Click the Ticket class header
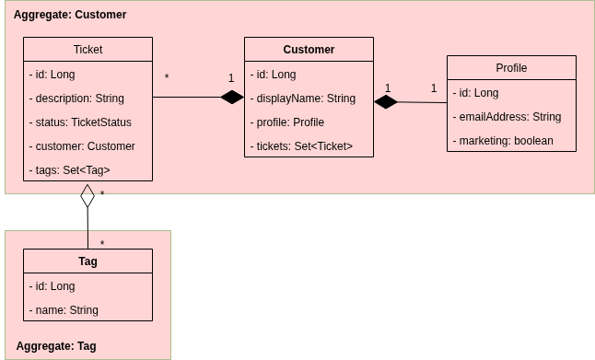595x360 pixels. pyautogui.click(x=87, y=50)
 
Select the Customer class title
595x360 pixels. pyautogui.click(x=309, y=50)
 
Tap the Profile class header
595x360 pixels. pyautogui.click(x=511, y=68)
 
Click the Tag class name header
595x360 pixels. pyautogui.click(x=87, y=261)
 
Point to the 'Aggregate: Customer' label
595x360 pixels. pyautogui.click(x=70, y=16)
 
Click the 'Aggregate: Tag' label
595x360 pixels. pyautogui.click(x=56, y=346)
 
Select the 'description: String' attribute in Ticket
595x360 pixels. pyautogui.click(x=77, y=98)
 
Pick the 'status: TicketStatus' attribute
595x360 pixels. pyautogui.click(x=81, y=122)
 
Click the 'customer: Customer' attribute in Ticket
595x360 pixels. pyautogui.click(x=83, y=145)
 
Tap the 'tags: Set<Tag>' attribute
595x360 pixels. pyautogui.click(x=75, y=169)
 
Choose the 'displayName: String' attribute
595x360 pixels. pyautogui.click(x=302, y=98)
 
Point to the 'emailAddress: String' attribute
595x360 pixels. pyautogui.click(x=507, y=116)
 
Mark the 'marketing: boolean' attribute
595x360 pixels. pyautogui.click(x=503, y=140)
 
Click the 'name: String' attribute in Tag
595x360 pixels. pyautogui.click(x=64, y=309)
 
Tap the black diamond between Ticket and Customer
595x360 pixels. pyautogui.click(x=232, y=98)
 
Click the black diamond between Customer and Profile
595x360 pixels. pyautogui.click(x=386, y=102)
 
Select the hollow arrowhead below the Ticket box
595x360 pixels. pyautogui.click(x=87, y=191)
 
